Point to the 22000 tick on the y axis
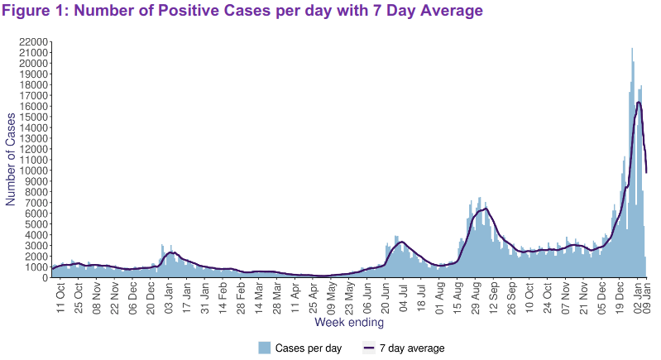point(33,41)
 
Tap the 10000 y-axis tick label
point(33,170)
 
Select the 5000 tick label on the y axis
point(36,224)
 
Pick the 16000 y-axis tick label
point(33,106)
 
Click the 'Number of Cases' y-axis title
point(12,160)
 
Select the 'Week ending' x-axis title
point(348,322)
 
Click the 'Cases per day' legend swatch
point(265,348)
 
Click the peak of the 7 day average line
point(639,102)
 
